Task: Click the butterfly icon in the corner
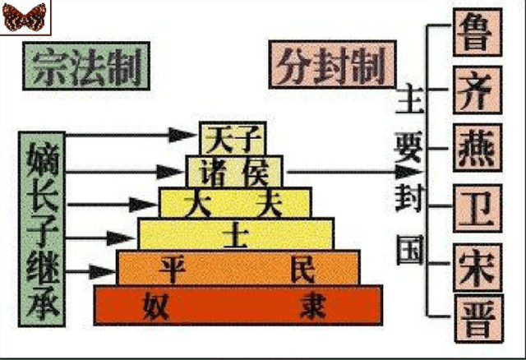[x=24, y=16]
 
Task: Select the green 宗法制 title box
[x=86, y=66]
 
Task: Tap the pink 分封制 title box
[x=332, y=64]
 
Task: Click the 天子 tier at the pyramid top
[x=233, y=138]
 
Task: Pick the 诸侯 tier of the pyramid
[x=234, y=171]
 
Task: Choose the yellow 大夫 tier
[x=235, y=202]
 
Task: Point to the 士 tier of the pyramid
[x=236, y=233]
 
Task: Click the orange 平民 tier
[x=238, y=267]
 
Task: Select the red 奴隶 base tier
[x=238, y=305]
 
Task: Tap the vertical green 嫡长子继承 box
[x=42, y=229]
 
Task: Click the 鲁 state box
[x=478, y=32]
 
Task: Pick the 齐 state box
[x=478, y=90]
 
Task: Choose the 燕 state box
[x=478, y=148]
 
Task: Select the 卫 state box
[x=478, y=208]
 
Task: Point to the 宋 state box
[x=478, y=267]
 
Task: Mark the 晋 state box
[x=478, y=318]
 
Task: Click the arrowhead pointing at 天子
[x=182, y=136]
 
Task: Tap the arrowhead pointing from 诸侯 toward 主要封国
[x=408, y=172]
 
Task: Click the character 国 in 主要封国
[x=409, y=251]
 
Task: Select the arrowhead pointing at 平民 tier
[x=102, y=272]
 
